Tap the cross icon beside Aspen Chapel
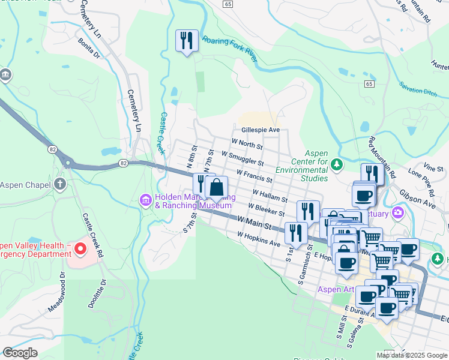click(60, 184)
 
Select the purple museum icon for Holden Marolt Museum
click(145, 199)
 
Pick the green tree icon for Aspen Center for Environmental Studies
click(337, 164)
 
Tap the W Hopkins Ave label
click(259, 240)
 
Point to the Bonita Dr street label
click(88, 48)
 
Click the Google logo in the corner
click(20, 352)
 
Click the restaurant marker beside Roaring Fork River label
click(187, 41)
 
